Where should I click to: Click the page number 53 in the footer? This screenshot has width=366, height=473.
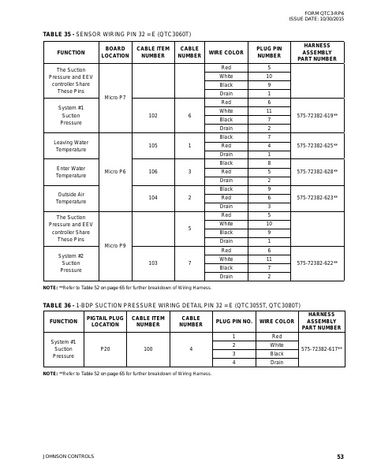(x=340, y=456)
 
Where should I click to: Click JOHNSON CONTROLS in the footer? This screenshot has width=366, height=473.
(x=68, y=456)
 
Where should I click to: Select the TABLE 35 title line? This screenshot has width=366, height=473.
(x=116, y=34)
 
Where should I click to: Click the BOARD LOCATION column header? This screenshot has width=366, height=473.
(x=115, y=52)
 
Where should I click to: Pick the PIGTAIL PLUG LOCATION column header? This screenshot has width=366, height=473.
(x=105, y=322)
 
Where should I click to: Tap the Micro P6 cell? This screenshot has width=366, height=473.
(x=115, y=171)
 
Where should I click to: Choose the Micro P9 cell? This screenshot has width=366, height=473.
(x=115, y=246)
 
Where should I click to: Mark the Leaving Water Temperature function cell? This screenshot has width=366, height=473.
(x=71, y=146)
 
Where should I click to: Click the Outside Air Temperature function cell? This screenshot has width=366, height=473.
(x=71, y=197)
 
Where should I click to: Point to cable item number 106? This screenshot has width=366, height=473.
(x=152, y=171)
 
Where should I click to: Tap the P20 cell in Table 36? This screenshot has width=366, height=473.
(x=105, y=349)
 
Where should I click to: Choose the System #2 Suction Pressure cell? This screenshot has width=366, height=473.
(x=71, y=263)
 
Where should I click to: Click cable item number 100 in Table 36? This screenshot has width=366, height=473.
(x=148, y=349)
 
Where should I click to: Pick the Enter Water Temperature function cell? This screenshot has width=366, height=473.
(x=71, y=171)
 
